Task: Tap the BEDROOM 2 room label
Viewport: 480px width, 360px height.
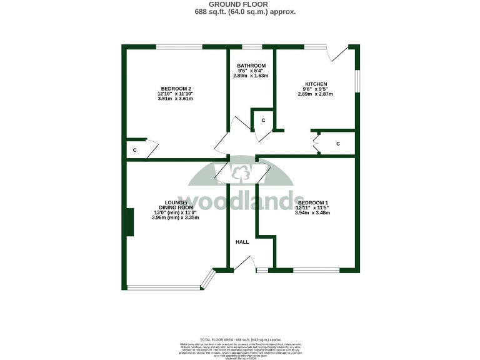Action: point(175,88)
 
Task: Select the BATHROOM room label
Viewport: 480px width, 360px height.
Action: point(251,66)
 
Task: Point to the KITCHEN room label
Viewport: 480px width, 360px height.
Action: point(316,84)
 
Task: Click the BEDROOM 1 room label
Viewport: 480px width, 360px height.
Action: point(312,202)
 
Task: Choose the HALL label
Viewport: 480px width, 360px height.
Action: point(242,242)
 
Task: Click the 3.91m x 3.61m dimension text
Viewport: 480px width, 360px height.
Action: point(175,99)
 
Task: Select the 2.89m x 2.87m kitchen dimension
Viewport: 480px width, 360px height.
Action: point(316,94)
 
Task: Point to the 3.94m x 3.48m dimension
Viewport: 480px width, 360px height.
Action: point(312,213)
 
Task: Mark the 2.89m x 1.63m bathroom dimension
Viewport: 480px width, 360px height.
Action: point(251,76)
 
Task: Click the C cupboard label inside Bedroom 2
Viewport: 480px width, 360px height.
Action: point(135,150)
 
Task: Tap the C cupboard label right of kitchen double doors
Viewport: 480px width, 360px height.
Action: point(338,144)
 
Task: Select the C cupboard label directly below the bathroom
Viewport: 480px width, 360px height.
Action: point(263,120)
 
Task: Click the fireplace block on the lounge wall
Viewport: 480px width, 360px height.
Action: point(130,222)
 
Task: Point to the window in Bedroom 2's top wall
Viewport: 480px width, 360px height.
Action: point(179,47)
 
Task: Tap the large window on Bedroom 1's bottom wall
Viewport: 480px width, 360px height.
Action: point(316,270)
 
